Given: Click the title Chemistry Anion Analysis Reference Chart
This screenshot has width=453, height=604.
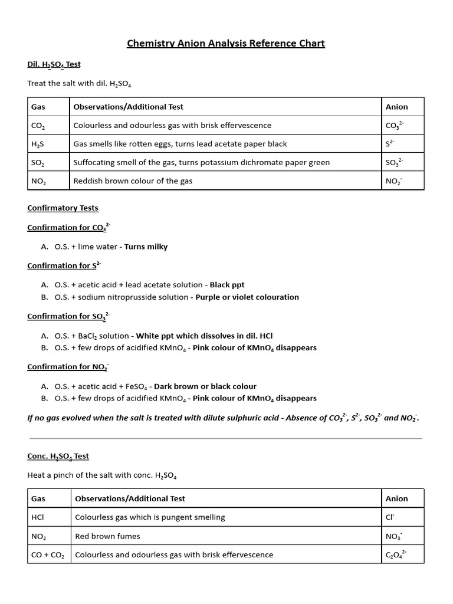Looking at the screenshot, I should (226, 44).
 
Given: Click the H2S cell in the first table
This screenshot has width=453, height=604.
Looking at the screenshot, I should (39, 144).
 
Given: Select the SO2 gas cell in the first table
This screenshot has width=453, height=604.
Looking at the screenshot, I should (39, 162).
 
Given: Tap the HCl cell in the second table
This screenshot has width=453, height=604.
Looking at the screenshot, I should (38, 517).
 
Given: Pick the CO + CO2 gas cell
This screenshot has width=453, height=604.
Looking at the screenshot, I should (49, 554).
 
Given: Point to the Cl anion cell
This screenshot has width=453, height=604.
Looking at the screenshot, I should (390, 517).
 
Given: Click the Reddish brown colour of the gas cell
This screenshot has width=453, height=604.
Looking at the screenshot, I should (133, 181).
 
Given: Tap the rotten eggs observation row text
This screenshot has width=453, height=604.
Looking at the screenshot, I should (180, 144).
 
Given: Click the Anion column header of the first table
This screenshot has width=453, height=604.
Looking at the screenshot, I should (396, 107).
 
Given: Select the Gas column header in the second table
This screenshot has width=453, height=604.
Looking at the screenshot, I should (38, 498).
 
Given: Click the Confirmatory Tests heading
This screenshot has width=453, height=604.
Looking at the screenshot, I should (63, 208).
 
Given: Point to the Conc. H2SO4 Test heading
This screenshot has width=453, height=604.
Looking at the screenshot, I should (58, 457).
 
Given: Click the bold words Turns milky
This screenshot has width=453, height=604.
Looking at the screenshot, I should (146, 247).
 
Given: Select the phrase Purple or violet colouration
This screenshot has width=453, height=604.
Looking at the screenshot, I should (247, 297).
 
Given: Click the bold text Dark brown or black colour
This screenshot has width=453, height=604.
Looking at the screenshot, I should (205, 386).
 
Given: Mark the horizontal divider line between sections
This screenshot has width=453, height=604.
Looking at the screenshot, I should (226, 438).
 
